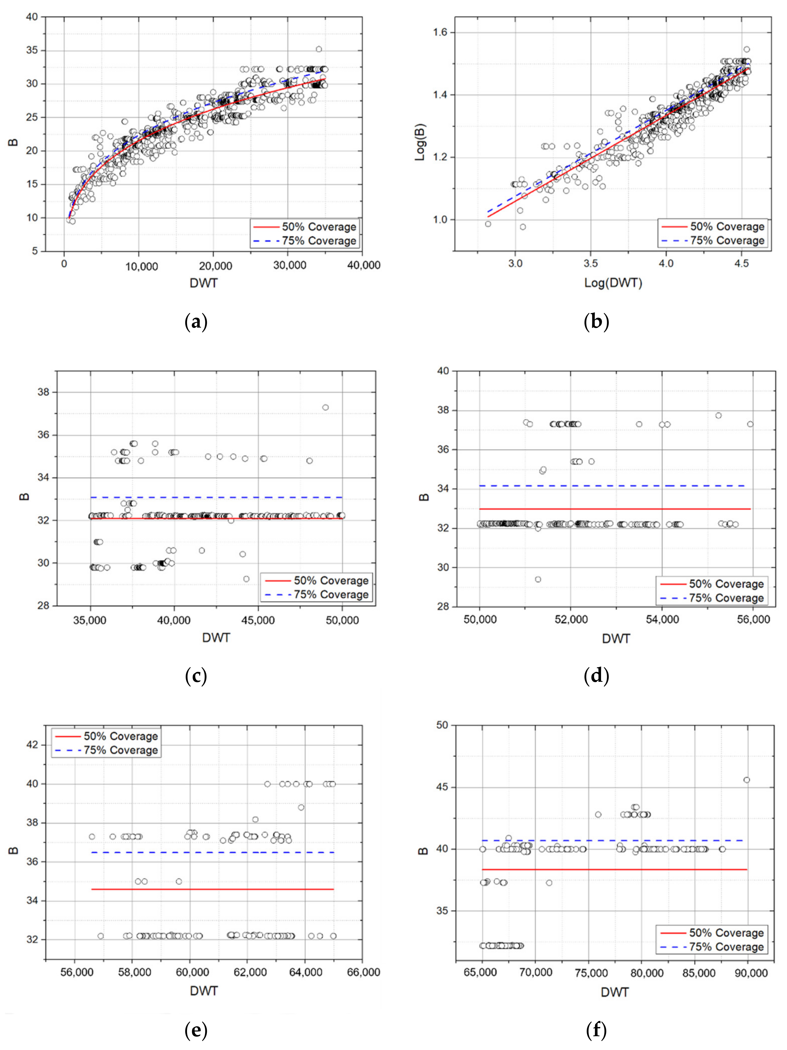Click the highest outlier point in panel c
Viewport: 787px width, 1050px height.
pyautogui.click(x=325, y=407)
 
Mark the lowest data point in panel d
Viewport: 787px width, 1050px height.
pyautogui.click(x=538, y=579)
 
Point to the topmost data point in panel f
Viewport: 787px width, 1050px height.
pyautogui.click(x=747, y=780)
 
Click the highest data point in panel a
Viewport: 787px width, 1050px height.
pyautogui.click(x=319, y=49)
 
